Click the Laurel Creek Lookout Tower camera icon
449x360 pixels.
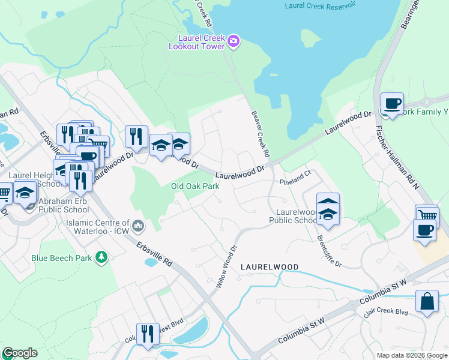pyautogui.click(x=234, y=41)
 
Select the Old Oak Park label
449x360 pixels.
pyautogui.click(x=195, y=186)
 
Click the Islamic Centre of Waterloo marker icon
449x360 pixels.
pyautogui.click(x=139, y=226)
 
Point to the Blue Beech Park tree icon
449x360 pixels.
pyautogui.click(x=103, y=257)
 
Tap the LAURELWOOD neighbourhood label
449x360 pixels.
pyautogui.click(x=270, y=266)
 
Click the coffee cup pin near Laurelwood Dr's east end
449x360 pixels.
pyautogui.click(x=392, y=104)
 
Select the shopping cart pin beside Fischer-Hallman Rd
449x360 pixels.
pyautogui.click(x=426, y=215)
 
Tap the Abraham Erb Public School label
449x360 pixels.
pyautogui.click(x=60, y=205)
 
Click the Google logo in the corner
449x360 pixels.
pyautogui.click(x=19, y=353)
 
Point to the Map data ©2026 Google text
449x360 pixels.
pyautogui.click(x=412, y=355)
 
